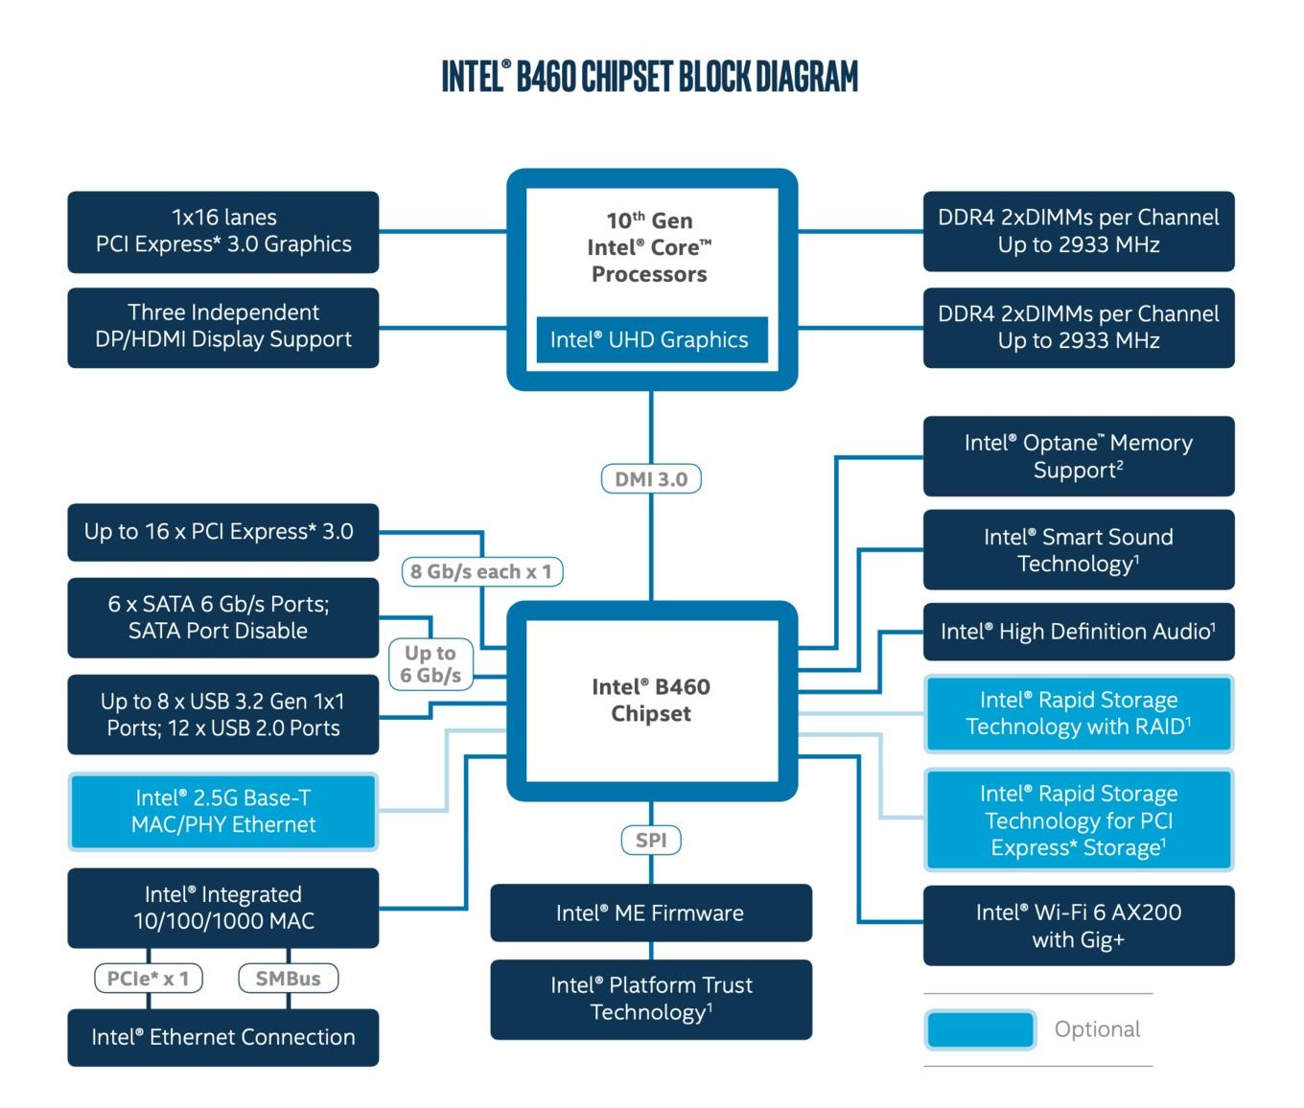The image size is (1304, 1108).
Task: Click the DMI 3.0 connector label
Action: [x=650, y=478]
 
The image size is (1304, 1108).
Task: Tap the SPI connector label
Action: [x=650, y=840]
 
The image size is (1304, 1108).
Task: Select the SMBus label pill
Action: [x=289, y=978]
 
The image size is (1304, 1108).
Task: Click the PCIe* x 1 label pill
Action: [x=149, y=978]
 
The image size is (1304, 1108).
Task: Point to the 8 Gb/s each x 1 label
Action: [x=482, y=571]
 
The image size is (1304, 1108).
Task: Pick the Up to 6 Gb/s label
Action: [x=431, y=664]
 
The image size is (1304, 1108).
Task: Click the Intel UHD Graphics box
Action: [x=652, y=339]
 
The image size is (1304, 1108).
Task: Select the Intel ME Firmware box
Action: [x=651, y=912]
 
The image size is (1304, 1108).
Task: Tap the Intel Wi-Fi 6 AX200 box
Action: [x=1079, y=925]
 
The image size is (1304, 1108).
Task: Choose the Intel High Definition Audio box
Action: [x=1079, y=632]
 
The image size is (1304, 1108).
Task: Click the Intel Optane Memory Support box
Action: [x=1079, y=456]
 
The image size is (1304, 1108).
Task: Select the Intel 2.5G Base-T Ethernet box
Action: [x=223, y=811]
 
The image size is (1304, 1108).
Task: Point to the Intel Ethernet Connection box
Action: [x=223, y=1037]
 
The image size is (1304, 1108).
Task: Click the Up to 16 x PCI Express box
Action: [x=223, y=532]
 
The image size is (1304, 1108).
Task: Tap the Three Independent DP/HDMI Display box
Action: [x=223, y=328]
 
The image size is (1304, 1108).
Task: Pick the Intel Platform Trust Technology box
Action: [x=651, y=999]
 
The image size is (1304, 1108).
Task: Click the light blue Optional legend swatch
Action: [x=980, y=1029]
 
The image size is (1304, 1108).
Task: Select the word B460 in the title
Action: [x=546, y=77]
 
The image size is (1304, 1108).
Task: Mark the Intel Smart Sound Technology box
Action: [x=1079, y=549]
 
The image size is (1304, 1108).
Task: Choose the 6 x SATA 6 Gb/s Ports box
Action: [x=223, y=617]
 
